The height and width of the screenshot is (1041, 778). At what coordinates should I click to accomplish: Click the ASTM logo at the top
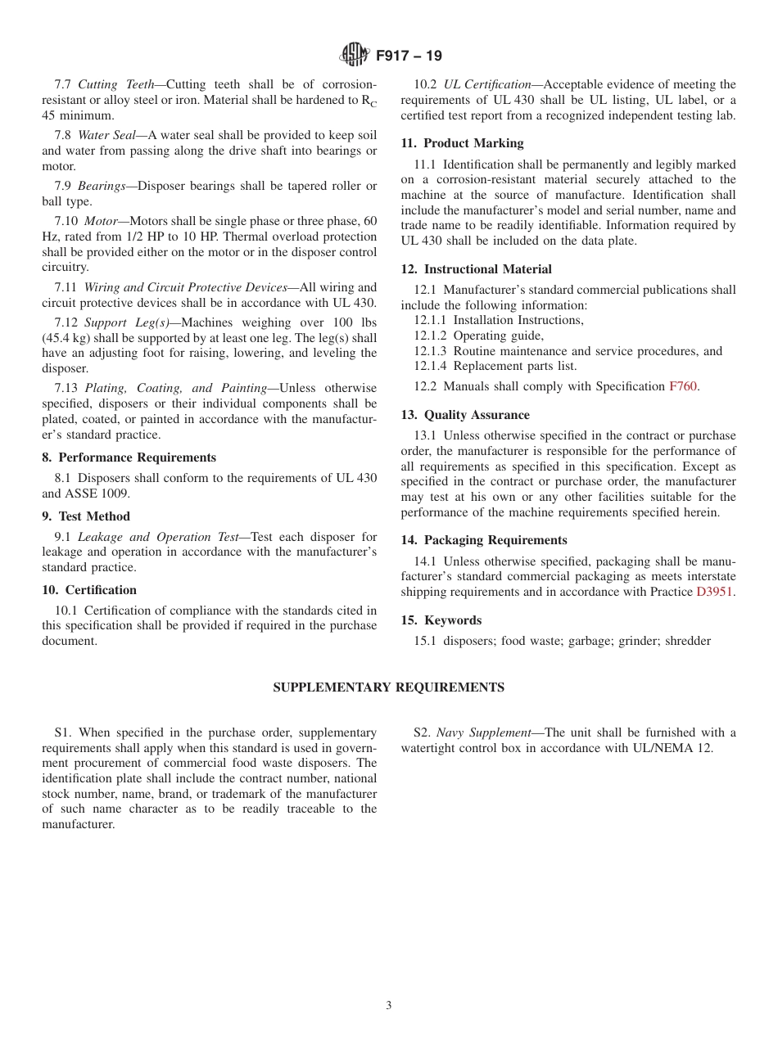tap(355, 55)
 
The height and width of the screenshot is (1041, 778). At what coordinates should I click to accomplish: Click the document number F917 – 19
tap(409, 56)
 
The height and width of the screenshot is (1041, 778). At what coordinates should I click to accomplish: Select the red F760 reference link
tap(683, 386)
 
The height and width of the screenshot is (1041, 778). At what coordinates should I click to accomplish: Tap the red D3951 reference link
tap(714, 592)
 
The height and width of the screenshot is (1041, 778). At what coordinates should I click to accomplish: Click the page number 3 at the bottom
tap(389, 1006)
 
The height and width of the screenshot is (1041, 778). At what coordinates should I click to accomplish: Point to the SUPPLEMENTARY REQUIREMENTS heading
tap(388, 687)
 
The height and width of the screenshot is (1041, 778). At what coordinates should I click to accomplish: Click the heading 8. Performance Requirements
tap(129, 457)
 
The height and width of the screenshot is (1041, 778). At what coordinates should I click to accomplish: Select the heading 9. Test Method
tap(86, 516)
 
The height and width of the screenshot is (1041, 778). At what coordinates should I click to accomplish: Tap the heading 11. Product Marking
tap(462, 143)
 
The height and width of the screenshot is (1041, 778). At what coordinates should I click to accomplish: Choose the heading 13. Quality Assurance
tap(465, 415)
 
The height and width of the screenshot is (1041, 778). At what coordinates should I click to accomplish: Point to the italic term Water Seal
tap(106, 135)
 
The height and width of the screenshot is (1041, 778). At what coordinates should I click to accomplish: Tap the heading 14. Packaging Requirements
tap(483, 540)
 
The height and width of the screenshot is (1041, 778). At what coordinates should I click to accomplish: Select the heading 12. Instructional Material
tap(476, 269)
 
